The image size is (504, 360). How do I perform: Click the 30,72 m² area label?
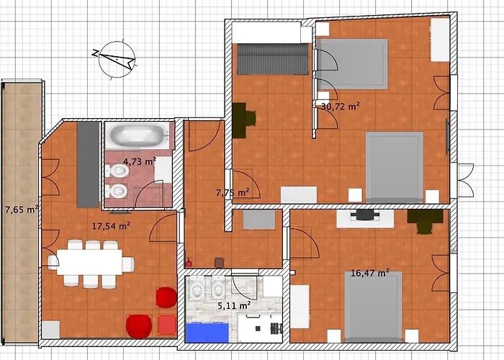click(x=341, y=107)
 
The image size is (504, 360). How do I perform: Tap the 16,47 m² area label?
click(x=370, y=273)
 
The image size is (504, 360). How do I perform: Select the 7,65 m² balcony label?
click(x=22, y=210)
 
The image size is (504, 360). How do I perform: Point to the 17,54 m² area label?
click(x=111, y=226)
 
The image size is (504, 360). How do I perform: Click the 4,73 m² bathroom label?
click(x=140, y=161)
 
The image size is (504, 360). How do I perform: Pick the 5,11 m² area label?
click(x=234, y=306)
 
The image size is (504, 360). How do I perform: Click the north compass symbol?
click(x=116, y=59)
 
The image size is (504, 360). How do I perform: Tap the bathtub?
click(x=138, y=135)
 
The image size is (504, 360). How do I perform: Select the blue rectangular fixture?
click(x=207, y=333)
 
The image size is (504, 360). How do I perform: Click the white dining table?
click(x=89, y=262)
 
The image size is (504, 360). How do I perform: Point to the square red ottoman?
click(x=167, y=325)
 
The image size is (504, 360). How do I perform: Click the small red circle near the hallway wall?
click(x=189, y=264)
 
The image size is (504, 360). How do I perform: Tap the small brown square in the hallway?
click(x=220, y=263)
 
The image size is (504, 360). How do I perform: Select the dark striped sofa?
click(x=273, y=59)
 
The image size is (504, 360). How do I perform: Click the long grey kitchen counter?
click(x=88, y=165)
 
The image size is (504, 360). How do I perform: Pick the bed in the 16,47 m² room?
click(x=373, y=307)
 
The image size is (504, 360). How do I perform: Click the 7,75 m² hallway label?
click(x=233, y=193)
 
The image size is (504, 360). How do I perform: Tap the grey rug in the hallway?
click(x=259, y=220)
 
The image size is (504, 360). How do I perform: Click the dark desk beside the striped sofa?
click(x=240, y=120)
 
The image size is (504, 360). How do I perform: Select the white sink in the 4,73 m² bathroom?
click(x=163, y=169)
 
